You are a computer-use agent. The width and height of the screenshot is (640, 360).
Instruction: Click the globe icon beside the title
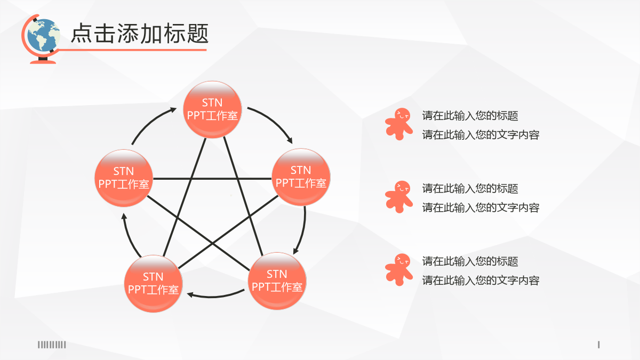[41, 38]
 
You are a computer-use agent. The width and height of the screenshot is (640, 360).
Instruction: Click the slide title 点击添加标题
[140, 34]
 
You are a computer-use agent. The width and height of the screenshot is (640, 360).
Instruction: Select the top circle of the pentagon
[212, 109]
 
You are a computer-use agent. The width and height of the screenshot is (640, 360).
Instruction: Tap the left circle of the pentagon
[124, 178]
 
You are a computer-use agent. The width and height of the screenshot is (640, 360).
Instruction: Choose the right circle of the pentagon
[301, 177]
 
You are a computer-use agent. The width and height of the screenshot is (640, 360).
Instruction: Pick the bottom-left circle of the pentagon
[154, 283]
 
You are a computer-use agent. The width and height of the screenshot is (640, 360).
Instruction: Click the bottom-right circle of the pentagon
[277, 281]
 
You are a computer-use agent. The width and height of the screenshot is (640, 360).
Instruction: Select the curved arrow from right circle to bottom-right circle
[303, 231]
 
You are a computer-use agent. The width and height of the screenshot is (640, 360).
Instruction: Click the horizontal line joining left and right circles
[212, 179]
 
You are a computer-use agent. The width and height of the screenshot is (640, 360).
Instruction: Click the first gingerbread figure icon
[399, 124]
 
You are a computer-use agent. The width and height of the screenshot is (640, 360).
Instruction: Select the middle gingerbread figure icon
[399, 197]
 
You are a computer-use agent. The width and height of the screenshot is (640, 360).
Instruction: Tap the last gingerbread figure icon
[399, 270]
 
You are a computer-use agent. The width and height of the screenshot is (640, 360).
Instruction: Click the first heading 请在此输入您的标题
[470, 116]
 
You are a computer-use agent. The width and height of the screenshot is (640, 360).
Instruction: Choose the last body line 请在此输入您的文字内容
[481, 281]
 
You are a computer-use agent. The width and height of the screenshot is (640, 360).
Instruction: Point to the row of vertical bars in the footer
[52, 345]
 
